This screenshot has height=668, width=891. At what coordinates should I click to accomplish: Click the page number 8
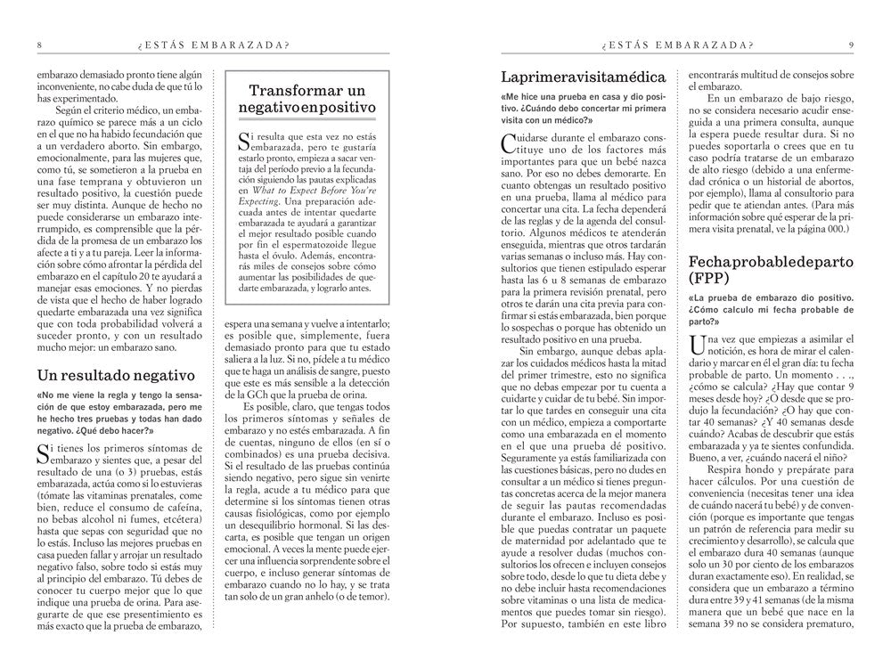click(x=38, y=45)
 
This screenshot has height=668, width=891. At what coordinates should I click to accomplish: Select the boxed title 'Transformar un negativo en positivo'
click(x=307, y=99)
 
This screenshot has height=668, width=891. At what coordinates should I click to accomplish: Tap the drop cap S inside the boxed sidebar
click(x=245, y=139)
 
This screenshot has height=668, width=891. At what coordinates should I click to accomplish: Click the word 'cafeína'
click(x=184, y=509)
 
